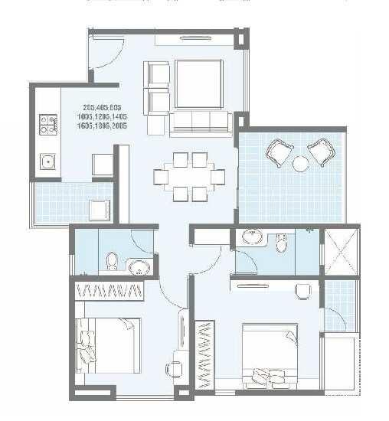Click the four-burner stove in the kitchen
tap(47, 124)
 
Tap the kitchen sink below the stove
tap(47, 162)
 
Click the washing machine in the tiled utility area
tap(99, 209)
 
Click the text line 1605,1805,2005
tap(103, 126)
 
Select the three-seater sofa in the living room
tap(200, 120)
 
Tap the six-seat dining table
tap(190, 176)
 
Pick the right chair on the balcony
tap(323, 153)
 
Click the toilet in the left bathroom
tap(112, 263)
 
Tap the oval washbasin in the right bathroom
tap(252, 237)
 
